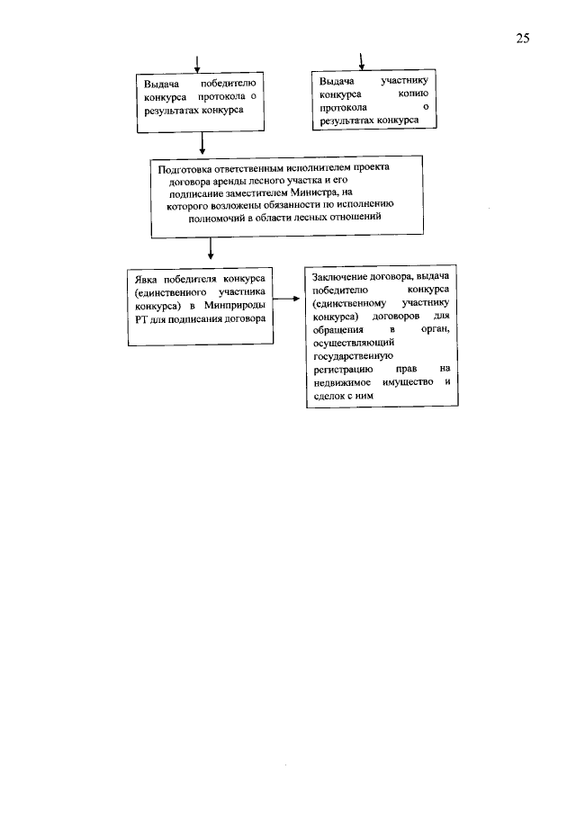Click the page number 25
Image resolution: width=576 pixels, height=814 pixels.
[523, 38]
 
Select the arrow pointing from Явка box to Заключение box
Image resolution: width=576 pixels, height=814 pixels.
[285, 300]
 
